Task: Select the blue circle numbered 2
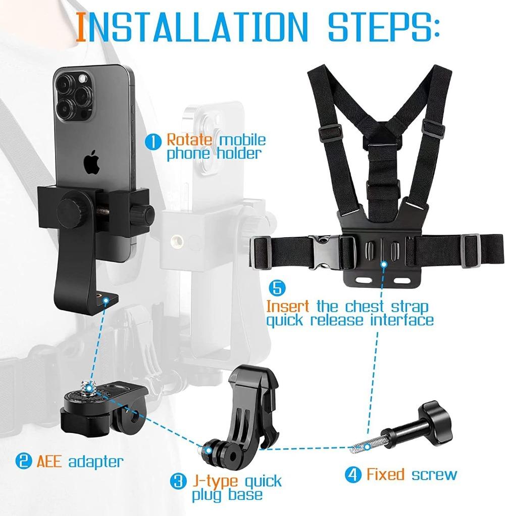coord(23,461)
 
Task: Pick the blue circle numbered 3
coord(177,481)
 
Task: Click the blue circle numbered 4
coord(353,475)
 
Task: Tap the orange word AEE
coord(49,461)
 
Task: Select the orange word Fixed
coord(385,475)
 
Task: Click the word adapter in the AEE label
coord(95,461)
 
